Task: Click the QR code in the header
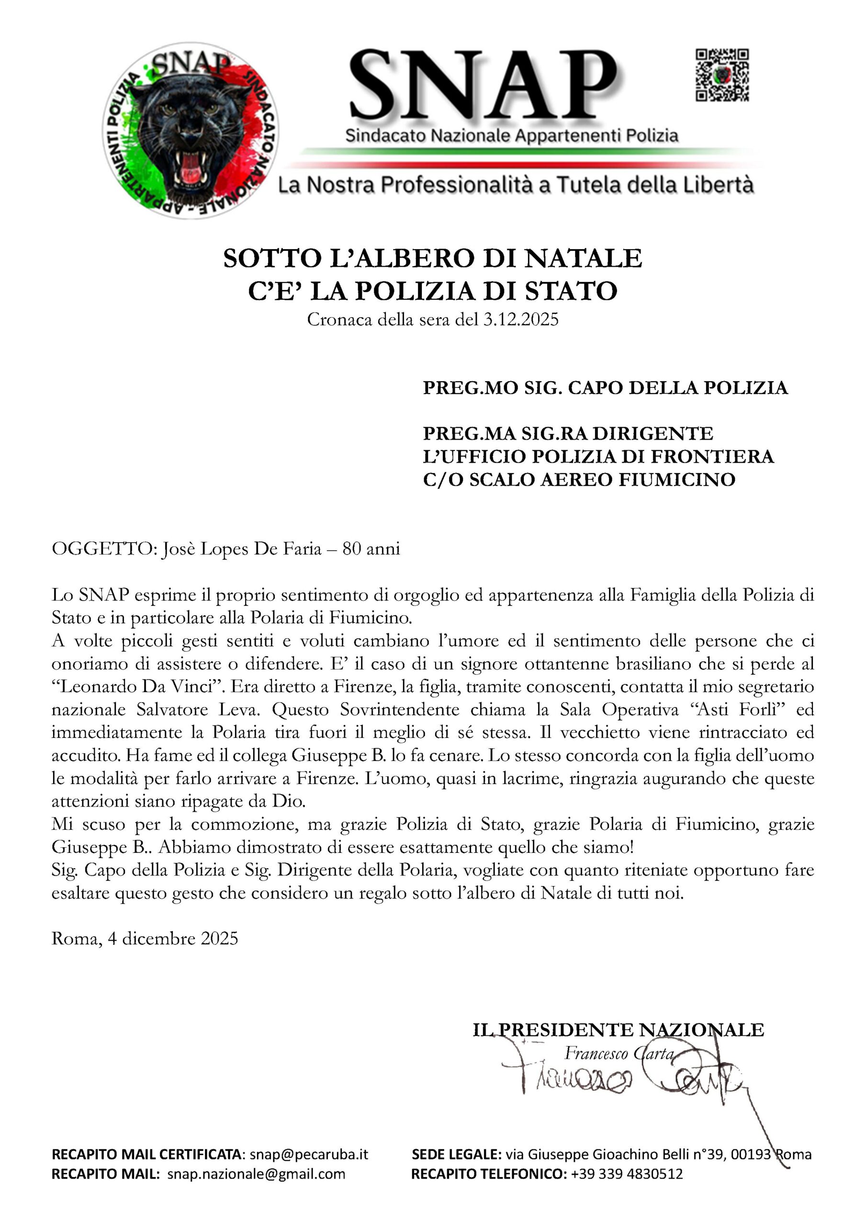(x=721, y=75)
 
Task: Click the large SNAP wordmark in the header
(x=483, y=85)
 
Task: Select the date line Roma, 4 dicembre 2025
(x=145, y=939)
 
